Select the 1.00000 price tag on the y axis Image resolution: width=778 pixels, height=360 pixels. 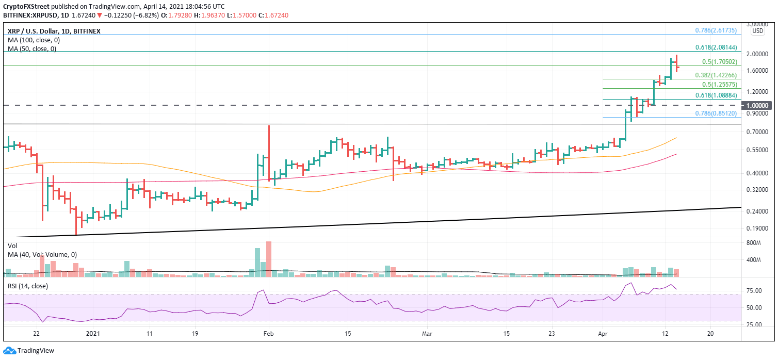(x=757, y=105)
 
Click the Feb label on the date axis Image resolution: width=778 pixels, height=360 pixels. (x=268, y=334)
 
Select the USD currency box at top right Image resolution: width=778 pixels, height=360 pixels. (x=757, y=30)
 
